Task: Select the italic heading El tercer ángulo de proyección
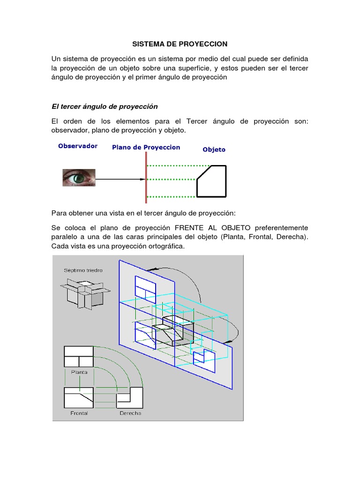[x=105, y=106]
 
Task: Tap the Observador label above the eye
[x=78, y=146]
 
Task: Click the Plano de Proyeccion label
[x=146, y=147]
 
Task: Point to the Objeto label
[x=214, y=150]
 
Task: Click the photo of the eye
[x=80, y=178]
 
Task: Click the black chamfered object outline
[x=211, y=181]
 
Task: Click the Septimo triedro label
[x=83, y=270]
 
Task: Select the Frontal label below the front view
[x=79, y=413]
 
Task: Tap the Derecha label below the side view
[x=130, y=413]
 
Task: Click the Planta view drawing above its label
[x=78, y=357]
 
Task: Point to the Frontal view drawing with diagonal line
[x=78, y=398]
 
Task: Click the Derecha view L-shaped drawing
[x=130, y=398]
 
